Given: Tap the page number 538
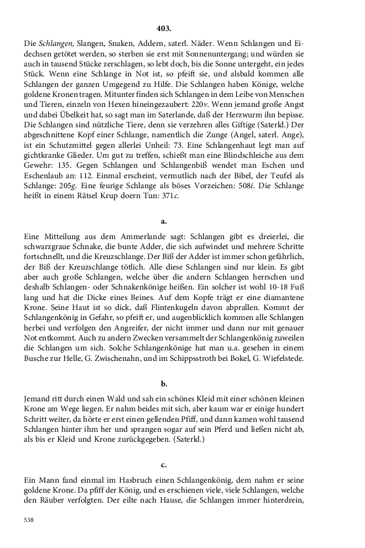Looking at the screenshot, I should coord(30,520).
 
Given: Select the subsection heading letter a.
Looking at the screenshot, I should coord(164,221).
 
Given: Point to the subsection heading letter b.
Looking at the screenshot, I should coord(164,384).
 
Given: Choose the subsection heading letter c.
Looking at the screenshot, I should coord(164,464).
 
